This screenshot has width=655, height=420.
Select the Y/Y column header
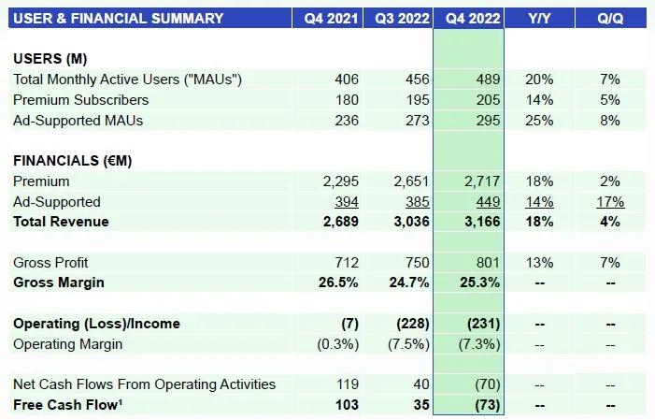[538, 17]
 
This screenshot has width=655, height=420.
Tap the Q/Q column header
[611, 17]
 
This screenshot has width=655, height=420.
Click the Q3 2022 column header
[398, 17]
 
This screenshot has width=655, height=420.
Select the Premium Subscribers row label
[80, 100]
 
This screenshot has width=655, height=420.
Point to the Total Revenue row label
[61, 222]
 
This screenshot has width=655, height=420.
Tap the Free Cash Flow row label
[64, 404]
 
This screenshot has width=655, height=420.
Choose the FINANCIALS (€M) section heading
[72, 161]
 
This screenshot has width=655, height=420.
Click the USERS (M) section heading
[50, 59]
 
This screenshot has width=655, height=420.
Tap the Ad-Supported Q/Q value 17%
[611, 201]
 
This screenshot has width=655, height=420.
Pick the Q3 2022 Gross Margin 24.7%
[408, 282]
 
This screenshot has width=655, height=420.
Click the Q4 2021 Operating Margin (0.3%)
[335, 343]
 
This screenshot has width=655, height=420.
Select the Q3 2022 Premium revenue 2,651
[410, 181]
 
